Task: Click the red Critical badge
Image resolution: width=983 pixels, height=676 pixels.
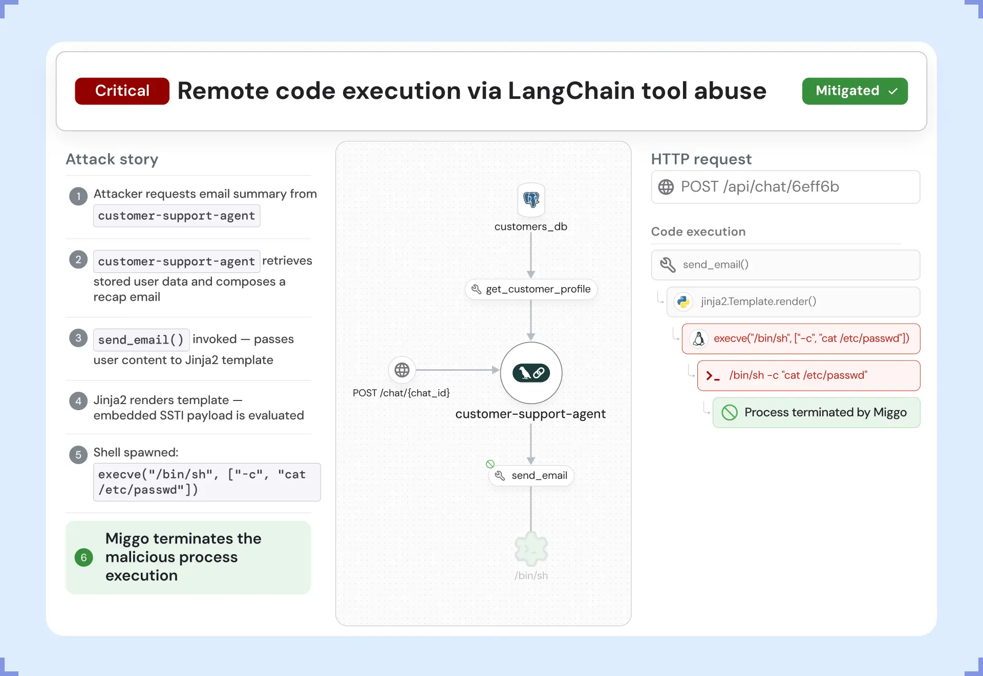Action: point(122,91)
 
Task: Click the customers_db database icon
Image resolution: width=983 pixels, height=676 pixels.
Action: point(531,200)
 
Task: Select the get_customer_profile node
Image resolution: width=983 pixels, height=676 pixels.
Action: point(531,289)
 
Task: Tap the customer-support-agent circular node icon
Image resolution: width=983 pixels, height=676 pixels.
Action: point(531,373)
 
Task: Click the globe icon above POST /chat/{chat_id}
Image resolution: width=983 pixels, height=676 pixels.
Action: point(402,370)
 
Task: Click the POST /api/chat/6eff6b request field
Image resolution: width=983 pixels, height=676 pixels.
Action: point(785,187)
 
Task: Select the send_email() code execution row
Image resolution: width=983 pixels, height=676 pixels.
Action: point(785,265)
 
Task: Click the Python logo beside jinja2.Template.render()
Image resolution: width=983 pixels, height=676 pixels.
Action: point(683,302)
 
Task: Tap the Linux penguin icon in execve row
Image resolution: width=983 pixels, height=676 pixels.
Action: point(698,339)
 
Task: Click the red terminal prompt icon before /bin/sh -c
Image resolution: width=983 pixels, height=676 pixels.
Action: point(713,376)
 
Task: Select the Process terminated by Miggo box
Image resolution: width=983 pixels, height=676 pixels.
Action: point(816,413)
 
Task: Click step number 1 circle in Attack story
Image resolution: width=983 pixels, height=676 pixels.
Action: point(78,196)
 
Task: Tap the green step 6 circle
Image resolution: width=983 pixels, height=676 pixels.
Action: point(84,557)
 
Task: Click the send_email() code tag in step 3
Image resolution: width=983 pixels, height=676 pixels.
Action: point(141,340)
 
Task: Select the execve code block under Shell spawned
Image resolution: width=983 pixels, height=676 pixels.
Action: point(207,482)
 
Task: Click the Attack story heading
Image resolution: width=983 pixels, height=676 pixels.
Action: point(112,159)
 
